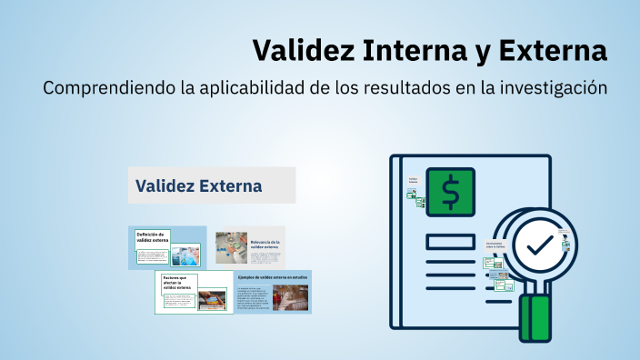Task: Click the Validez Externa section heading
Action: (199, 186)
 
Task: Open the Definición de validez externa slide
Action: (168, 245)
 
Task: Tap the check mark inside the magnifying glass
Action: (539, 245)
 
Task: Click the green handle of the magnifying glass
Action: (535, 317)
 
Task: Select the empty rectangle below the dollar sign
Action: (450, 241)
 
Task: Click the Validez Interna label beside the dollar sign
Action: (414, 181)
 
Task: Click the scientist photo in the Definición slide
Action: (190, 255)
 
